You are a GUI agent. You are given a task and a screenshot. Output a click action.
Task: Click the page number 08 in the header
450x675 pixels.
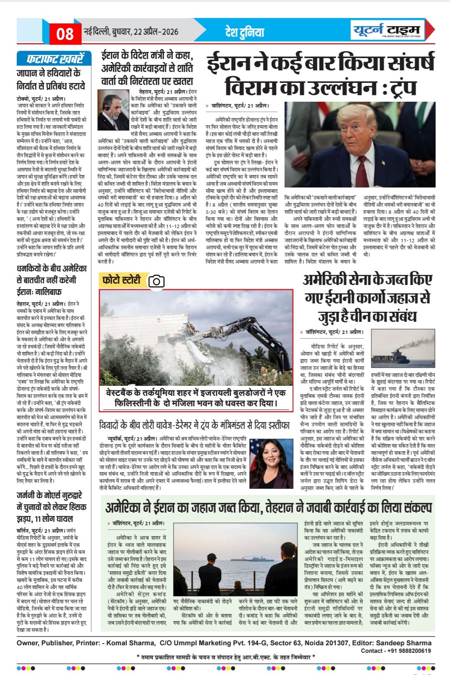65,33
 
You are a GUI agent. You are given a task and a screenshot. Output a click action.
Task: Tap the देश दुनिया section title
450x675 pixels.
245,32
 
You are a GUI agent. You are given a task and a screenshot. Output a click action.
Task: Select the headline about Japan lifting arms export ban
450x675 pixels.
51,80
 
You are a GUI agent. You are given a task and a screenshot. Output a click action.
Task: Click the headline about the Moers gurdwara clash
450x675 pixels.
51,507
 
